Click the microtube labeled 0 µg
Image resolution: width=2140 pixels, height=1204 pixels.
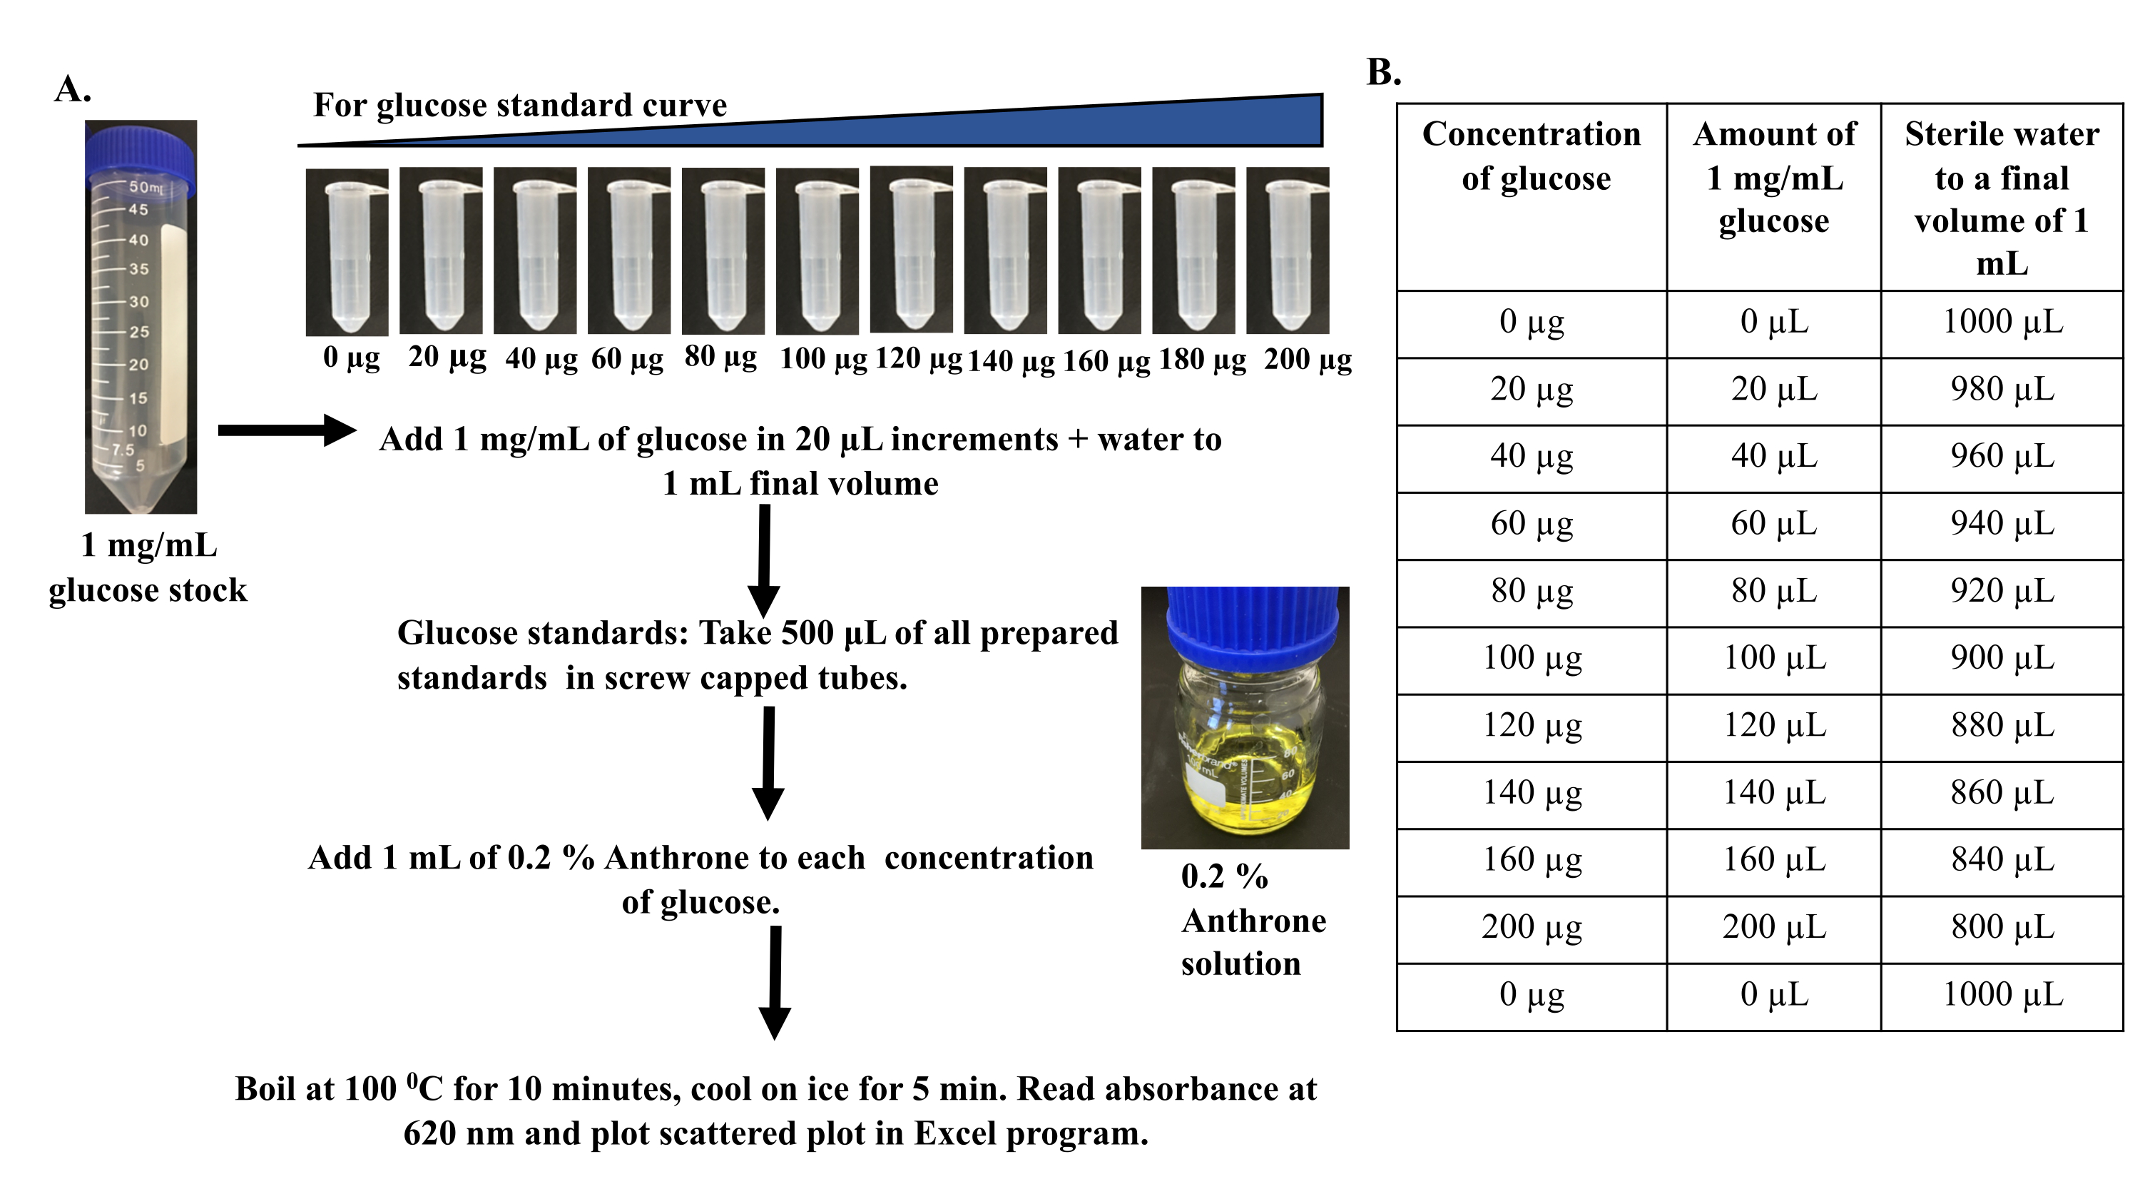347,252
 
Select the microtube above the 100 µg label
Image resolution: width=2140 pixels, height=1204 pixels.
817,252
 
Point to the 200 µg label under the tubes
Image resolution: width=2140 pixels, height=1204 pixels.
1308,360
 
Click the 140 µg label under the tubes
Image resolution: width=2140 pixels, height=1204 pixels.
1011,361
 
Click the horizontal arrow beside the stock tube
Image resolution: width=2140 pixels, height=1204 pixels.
287,430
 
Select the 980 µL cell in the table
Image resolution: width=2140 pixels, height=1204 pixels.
2002,390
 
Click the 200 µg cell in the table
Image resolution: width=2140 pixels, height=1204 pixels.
1532,927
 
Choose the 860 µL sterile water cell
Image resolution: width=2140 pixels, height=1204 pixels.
2002,793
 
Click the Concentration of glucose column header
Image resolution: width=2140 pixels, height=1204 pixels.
1532,156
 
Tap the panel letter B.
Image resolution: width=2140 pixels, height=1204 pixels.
1384,73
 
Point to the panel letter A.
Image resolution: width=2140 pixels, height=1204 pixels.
72,89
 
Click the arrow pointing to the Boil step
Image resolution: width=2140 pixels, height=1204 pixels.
775,982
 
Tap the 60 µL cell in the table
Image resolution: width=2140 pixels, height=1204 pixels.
1775,525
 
